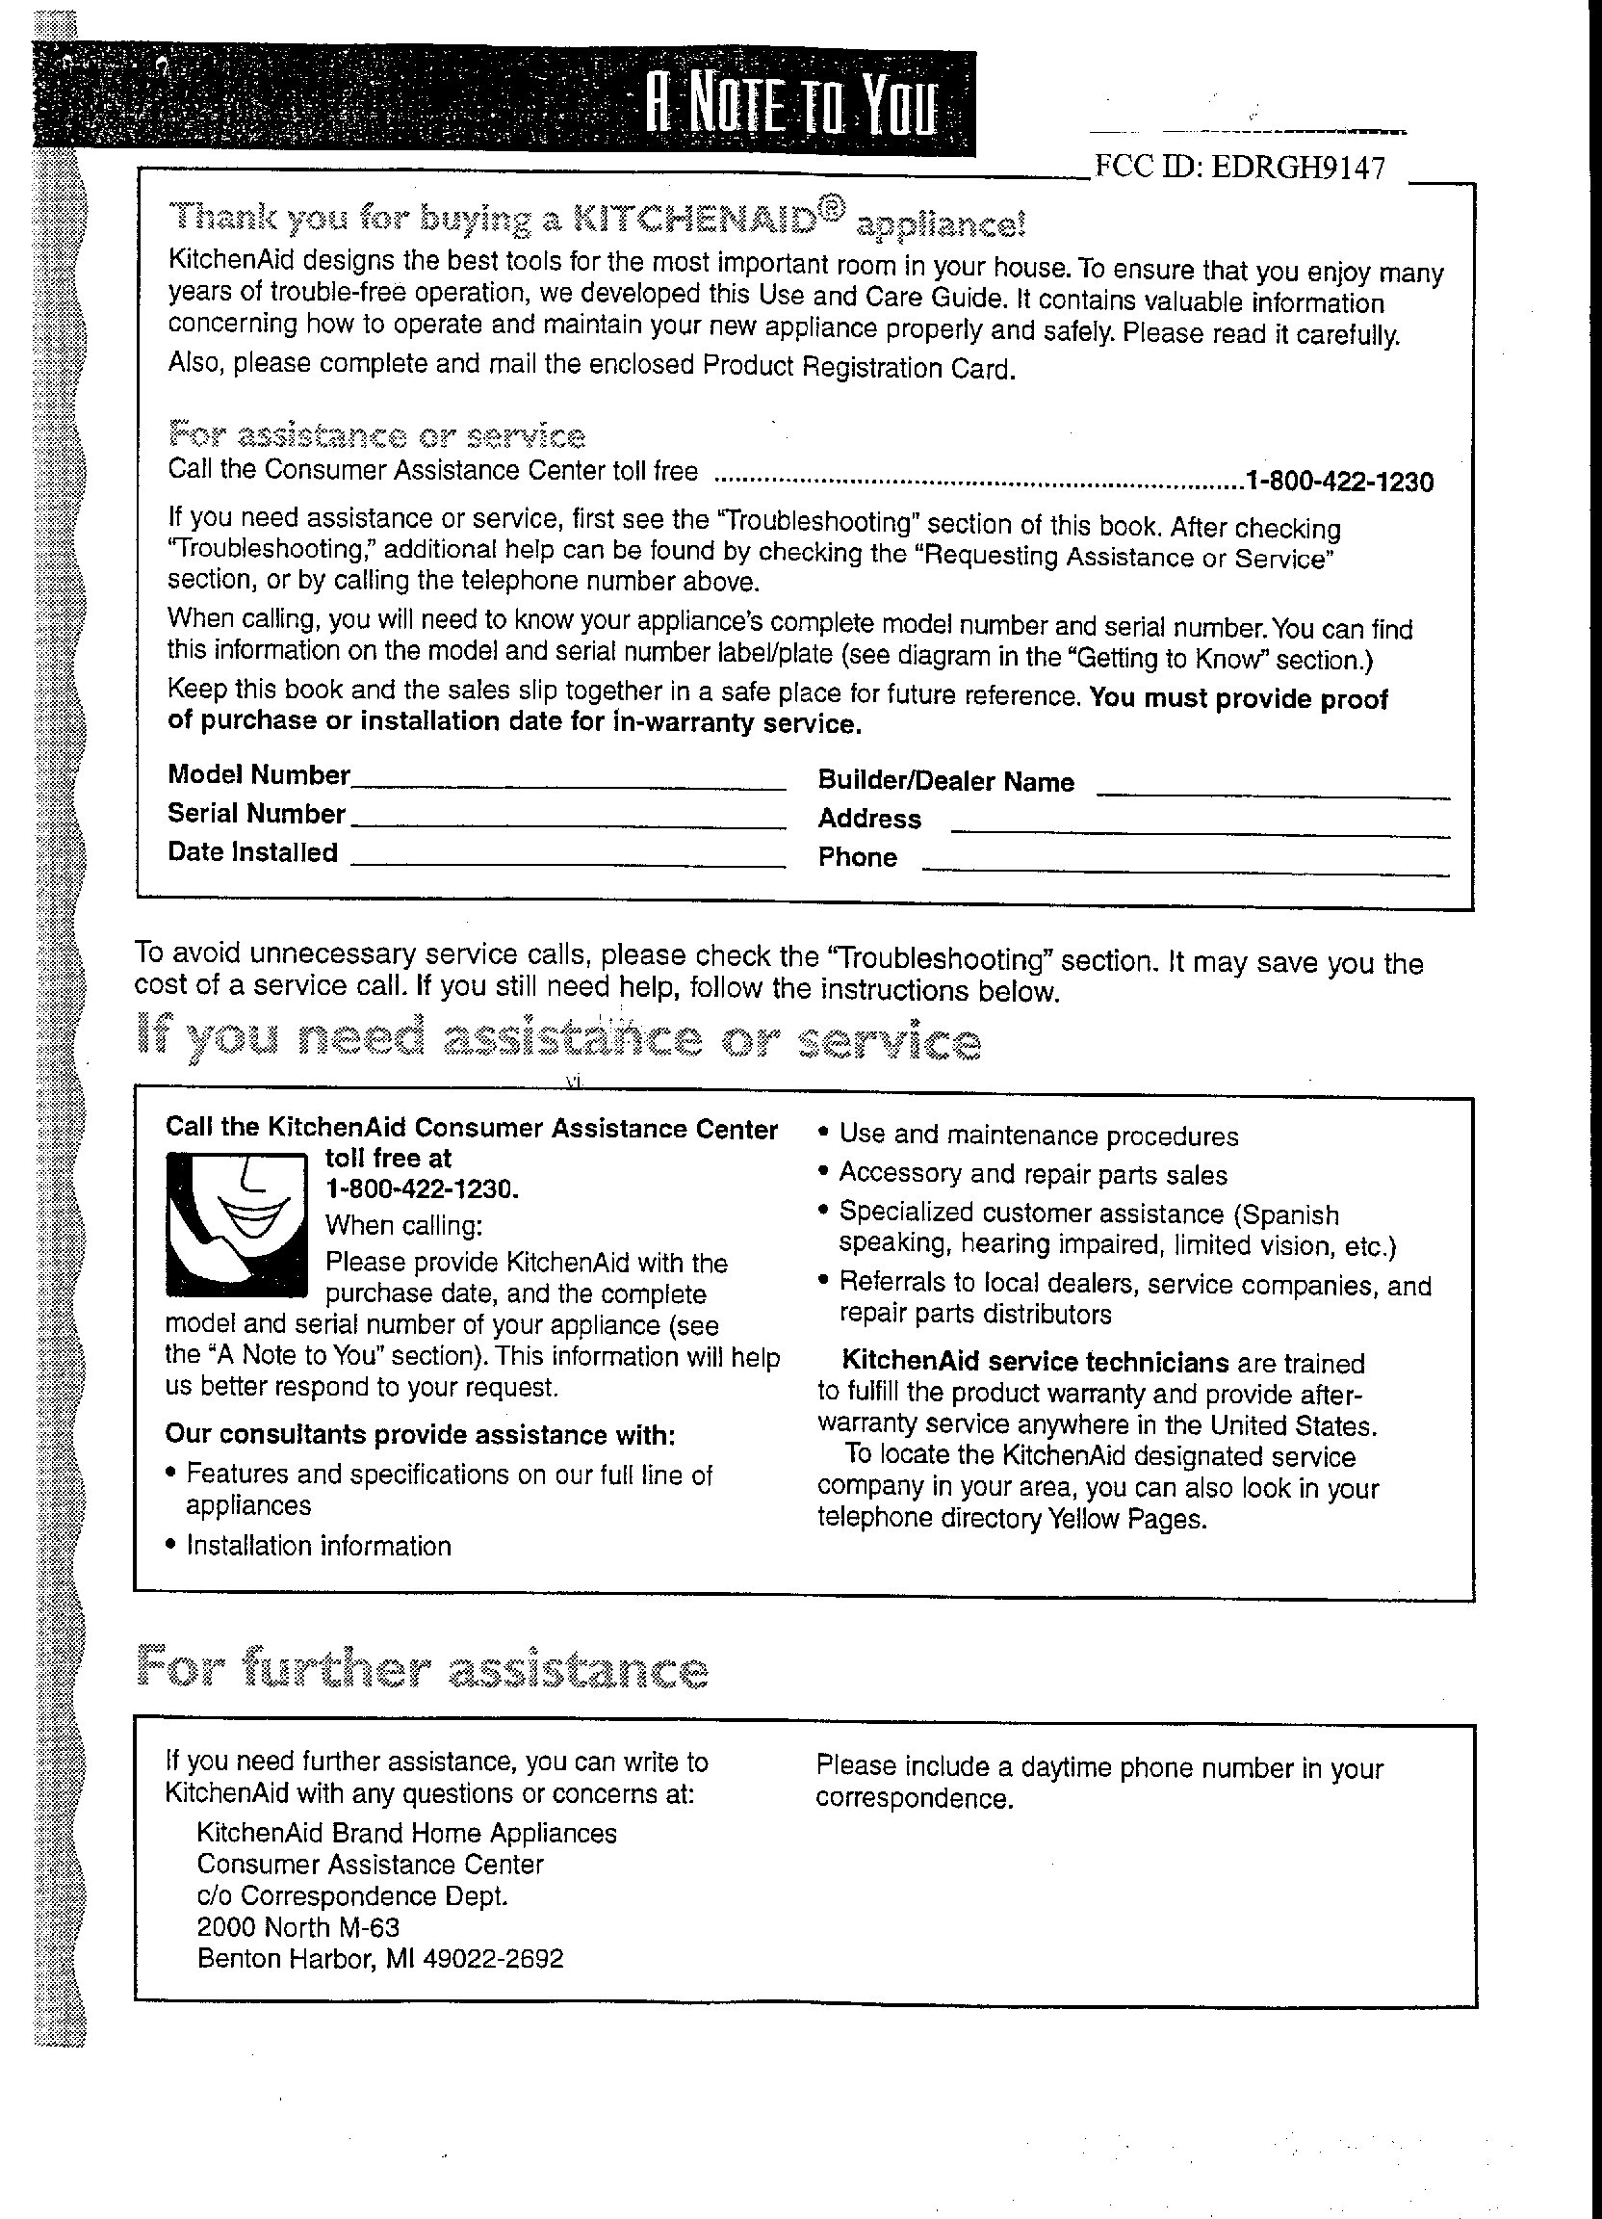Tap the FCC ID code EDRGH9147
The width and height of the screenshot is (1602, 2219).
pyautogui.click(x=1298, y=168)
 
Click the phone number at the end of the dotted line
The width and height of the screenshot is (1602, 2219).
pyautogui.click(x=1339, y=482)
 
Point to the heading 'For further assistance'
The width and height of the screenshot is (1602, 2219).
pyautogui.click(x=422, y=1669)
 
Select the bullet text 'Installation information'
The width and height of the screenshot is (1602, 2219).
pyautogui.click(x=319, y=1546)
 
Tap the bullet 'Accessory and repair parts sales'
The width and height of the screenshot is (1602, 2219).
pyautogui.click(x=1033, y=1174)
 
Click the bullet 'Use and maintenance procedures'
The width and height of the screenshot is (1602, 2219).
pyautogui.click(x=1039, y=1136)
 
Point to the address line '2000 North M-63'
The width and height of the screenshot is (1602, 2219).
pyautogui.click(x=298, y=1927)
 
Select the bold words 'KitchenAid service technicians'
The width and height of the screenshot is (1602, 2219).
pyautogui.click(x=1035, y=1362)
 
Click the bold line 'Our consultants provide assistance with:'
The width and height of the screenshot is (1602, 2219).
pyautogui.click(x=421, y=1434)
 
